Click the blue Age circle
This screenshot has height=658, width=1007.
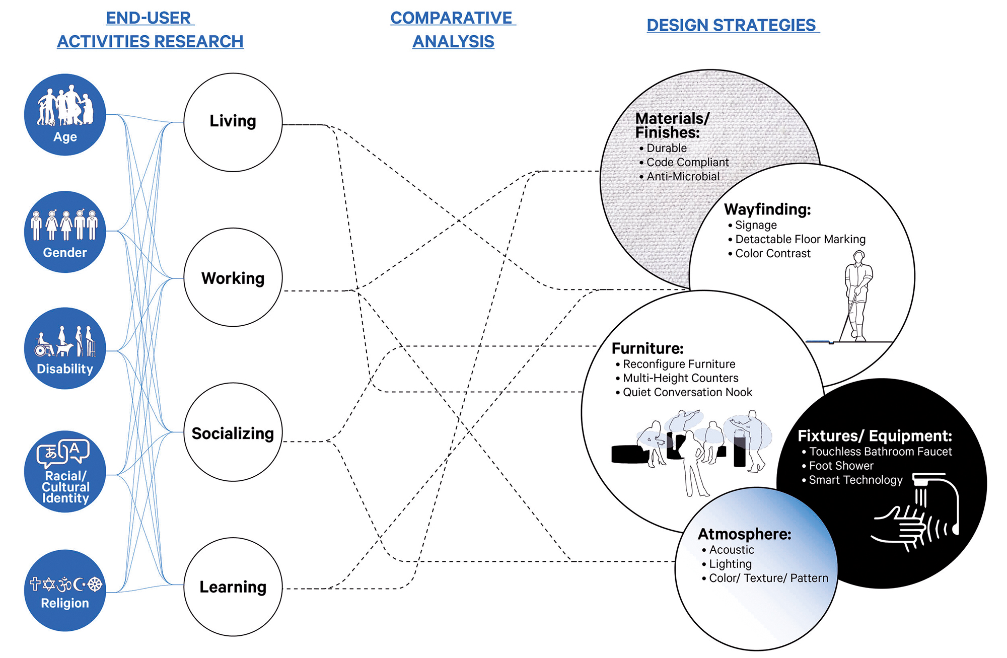65,115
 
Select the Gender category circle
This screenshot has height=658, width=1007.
65,232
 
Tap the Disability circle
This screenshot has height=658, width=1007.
65,348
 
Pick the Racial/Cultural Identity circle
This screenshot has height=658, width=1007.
65,472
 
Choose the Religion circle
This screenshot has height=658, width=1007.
65,591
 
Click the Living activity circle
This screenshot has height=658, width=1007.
233,122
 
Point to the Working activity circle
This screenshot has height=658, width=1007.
233,277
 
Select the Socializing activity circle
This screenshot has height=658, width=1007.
233,432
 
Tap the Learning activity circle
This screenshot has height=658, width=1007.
233,587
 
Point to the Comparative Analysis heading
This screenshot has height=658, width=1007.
453,29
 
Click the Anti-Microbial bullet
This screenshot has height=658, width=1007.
682,177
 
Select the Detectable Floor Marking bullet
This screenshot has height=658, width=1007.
800,239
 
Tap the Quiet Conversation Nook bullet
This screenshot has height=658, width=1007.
687,392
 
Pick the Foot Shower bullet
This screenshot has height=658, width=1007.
841,466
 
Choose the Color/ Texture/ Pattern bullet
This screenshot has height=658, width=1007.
768,578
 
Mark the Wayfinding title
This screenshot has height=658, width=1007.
767,209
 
